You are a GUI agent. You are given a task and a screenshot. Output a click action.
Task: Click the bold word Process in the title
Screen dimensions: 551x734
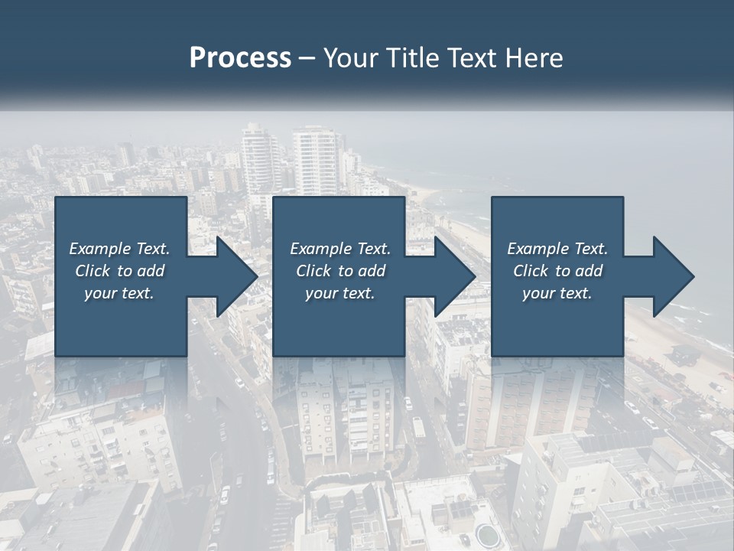tap(240, 58)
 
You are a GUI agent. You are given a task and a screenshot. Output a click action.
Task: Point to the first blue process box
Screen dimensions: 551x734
tap(121, 321)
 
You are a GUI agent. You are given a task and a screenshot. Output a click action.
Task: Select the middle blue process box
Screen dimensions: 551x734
tap(339, 321)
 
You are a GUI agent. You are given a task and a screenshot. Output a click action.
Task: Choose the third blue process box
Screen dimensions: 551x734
tap(557, 321)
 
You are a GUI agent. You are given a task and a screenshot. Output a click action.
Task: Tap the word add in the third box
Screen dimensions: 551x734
tap(589, 271)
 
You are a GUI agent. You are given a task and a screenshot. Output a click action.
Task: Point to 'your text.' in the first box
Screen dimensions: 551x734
tap(119, 293)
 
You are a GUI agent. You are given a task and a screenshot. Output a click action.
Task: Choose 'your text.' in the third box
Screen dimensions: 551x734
tap(557, 293)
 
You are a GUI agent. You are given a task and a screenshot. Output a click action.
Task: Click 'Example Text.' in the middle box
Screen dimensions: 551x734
tap(340, 249)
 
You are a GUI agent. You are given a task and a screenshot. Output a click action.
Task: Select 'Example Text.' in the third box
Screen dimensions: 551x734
tap(557, 249)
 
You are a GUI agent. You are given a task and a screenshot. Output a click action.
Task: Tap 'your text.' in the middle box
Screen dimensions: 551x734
tap(340, 293)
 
